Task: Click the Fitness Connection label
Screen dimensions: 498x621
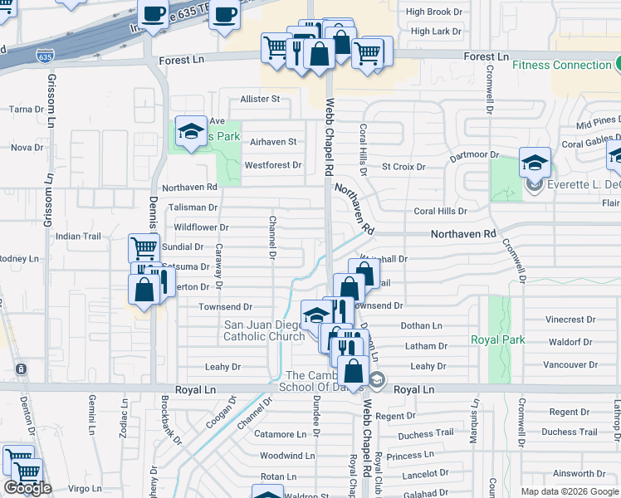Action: (561, 65)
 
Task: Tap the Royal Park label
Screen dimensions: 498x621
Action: (497, 339)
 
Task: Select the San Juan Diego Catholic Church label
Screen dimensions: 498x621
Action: (264, 331)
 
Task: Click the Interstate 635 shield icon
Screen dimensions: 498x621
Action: (45, 56)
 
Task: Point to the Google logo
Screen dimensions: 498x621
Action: (27, 488)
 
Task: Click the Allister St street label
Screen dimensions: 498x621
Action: (260, 99)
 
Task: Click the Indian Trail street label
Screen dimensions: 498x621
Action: (78, 237)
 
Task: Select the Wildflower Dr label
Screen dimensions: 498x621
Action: (200, 227)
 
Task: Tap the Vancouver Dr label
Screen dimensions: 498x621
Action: (570, 364)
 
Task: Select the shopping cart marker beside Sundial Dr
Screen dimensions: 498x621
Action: (144, 247)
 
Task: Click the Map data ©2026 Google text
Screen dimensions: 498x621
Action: (570, 491)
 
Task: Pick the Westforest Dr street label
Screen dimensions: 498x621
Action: (272, 165)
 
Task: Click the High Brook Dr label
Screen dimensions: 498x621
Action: (428, 12)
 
